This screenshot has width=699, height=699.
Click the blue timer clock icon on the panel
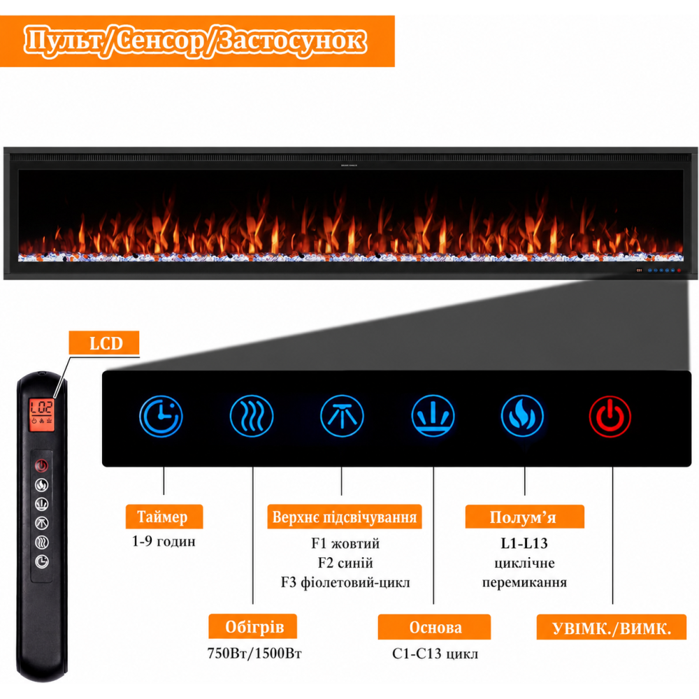coord(161,417)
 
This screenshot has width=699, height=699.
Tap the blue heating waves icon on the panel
coord(252,417)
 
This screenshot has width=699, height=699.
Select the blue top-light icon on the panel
coord(342,417)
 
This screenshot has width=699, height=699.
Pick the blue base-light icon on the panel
coord(433,417)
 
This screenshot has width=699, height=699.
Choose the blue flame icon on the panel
coord(522,417)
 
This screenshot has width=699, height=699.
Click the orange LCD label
coord(104,343)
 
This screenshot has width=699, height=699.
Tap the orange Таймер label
coord(164,517)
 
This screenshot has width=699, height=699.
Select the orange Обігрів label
coord(253,626)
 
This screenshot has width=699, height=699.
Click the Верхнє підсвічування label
coord(345,517)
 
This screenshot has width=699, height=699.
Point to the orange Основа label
coord(434,627)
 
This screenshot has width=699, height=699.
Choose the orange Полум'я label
coord(525,517)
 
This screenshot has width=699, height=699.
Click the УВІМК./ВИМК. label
coord(612,627)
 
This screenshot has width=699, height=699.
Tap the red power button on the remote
coord(41,466)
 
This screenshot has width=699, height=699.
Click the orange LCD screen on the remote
coord(42,414)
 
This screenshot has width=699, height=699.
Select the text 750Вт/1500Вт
coord(254,653)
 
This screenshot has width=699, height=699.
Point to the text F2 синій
coord(345,563)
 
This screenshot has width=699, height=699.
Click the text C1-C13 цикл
coord(435,654)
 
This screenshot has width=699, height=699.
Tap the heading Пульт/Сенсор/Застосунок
coord(195,41)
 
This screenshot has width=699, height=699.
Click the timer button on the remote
coord(42,561)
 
